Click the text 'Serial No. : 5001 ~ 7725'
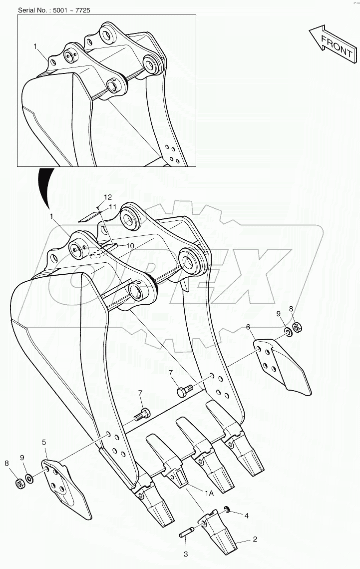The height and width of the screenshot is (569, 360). (x=54, y=10)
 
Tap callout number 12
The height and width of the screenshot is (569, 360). (x=108, y=197)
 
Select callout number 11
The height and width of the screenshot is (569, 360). (x=112, y=207)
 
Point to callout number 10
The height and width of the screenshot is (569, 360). (x=130, y=246)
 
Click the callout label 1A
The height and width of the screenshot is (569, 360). (x=209, y=493)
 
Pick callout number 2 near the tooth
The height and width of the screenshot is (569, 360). (x=255, y=540)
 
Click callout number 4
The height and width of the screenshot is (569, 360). (x=247, y=516)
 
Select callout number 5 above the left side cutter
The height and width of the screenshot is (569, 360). (x=44, y=442)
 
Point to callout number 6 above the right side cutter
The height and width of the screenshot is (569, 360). (x=248, y=327)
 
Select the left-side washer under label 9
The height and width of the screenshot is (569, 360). (x=30, y=479)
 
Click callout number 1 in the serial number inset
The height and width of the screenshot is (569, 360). (x=35, y=46)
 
